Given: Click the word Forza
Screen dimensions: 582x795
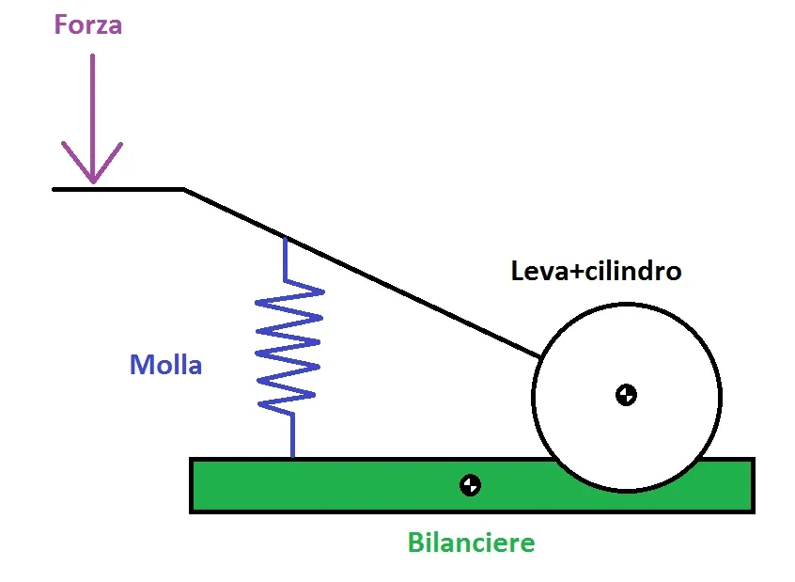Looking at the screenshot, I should pyautogui.click(x=88, y=24).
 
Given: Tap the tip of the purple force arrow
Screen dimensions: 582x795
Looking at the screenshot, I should pyautogui.click(x=92, y=181).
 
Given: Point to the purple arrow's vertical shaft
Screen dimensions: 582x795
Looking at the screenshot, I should pyautogui.click(x=92, y=103).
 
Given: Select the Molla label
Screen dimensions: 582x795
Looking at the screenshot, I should pyautogui.click(x=165, y=365).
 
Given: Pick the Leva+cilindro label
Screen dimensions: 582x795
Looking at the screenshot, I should pyautogui.click(x=596, y=272).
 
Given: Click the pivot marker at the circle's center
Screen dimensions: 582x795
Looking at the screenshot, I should pyautogui.click(x=626, y=395).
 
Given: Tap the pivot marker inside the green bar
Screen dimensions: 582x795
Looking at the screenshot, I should pyautogui.click(x=470, y=485).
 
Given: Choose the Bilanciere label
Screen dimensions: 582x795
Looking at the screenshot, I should pyautogui.click(x=471, y=543).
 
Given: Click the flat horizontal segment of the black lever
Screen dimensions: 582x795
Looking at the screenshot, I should pyautogui.click(x=117, y=189).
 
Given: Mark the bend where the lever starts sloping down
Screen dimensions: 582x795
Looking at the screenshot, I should pyautogui.click(x=184, y=190).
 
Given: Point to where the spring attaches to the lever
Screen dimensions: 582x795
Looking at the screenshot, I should pyautogui.click(x=286, y=238).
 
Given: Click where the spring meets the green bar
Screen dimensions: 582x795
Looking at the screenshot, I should pyautogui.click(x=292, y=458).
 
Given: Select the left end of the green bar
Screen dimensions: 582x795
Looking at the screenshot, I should pyautogui.click(x=193, y=485).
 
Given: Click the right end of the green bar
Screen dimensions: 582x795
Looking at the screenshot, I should pyautogui.click(x=751, y=485).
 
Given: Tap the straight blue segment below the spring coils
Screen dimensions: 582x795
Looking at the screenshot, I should pyautogui.click(x=292, y=434).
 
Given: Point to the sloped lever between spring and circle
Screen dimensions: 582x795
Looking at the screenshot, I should pyautogui.click(x=413, y=297).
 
